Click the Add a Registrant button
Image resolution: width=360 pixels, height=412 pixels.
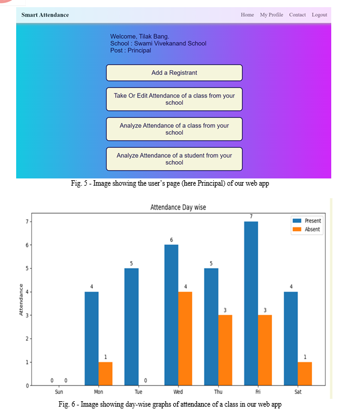click(174, 72)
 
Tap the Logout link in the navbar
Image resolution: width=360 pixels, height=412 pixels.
click(319, 15)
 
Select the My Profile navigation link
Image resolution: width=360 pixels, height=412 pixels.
click(271, 15)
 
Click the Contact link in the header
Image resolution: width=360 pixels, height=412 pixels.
click(297, 15)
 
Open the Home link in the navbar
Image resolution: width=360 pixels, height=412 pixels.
click(247, 15)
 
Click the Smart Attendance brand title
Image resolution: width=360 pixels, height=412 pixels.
click(45, 15)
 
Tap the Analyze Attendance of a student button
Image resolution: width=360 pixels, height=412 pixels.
click(174, 159)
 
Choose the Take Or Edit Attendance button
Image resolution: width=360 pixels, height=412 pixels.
click(174, 99)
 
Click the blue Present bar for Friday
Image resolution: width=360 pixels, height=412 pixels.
click(251, 304)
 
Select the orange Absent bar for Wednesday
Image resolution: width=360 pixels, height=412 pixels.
click(185, 338)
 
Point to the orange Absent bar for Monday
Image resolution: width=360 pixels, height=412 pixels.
click(105, 374)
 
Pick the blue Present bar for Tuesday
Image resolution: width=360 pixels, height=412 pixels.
click(131, 327)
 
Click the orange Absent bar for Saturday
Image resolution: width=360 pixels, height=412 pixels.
click(305, 374)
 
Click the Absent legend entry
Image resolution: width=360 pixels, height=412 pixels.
click(307, 229)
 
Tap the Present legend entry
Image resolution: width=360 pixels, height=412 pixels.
click(307, 221)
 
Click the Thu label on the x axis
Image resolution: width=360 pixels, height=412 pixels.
click(218, 392)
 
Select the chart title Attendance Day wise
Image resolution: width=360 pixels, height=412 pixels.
click(178, 207)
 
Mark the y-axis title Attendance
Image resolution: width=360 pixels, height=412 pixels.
click(21, 299)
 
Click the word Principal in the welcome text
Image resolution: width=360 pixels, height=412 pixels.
click(140, 50)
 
